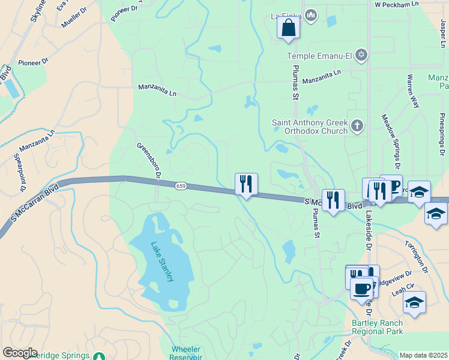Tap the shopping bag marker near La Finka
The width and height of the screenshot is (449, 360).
288,28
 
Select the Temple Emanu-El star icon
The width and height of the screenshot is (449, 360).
360,55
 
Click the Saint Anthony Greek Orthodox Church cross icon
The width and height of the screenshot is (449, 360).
357,126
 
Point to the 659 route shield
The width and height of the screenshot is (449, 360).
181,186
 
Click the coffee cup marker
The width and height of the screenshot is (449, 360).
362,288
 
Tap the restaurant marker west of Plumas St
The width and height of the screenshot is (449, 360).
246,183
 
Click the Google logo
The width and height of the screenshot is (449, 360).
20,353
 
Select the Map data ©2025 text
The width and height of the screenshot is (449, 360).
424,355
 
